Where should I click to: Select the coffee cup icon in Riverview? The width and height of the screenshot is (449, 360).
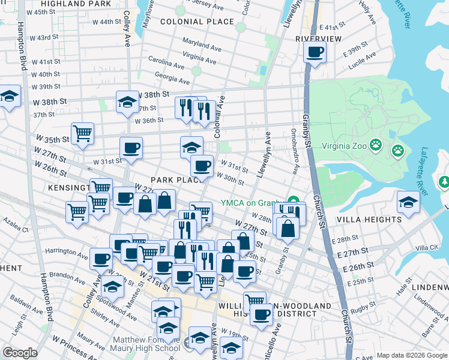[315, 52]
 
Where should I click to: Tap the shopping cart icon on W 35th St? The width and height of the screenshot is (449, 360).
[82, 133]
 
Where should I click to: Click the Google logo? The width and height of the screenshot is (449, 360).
[20, 353]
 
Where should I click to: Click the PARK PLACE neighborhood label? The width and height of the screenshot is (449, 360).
[174, 180]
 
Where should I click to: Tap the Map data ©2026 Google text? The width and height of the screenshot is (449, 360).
[411, 355]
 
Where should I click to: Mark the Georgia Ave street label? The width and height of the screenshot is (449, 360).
[172, 78]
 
